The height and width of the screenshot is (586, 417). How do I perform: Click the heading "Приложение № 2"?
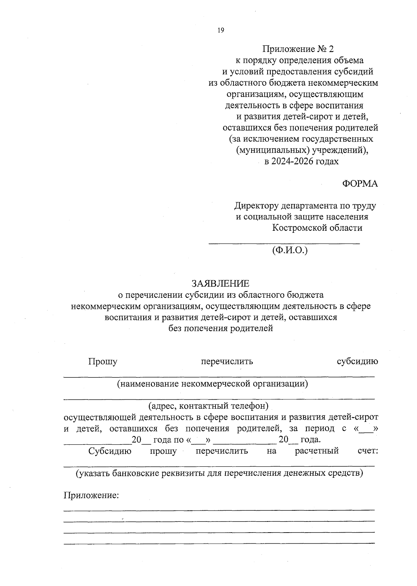pyautogui.click(x=298, y=49)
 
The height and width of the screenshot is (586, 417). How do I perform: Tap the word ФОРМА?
pyautogui.click(x=360, y=184)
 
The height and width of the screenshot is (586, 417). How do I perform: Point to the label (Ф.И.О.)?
pyautogui.click(x=290, y=250)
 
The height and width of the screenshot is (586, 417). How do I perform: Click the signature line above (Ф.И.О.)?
pyautogui.click(x=284, y=244)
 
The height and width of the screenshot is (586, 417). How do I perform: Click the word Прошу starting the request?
pyautogui.click(x=103, y=362)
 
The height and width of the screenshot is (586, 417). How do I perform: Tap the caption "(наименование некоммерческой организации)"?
pyautogui.click(x=213, y=384)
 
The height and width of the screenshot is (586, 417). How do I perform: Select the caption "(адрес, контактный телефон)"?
pyautogui.click(x=208, y=406)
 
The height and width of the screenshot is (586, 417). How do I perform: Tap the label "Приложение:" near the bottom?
pyautogui.click(x=91, y=495)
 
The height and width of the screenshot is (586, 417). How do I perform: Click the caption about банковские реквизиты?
pyautogui.click(x=220, y=473)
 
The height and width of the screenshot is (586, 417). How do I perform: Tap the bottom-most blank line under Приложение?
pyautogui.click(x=219, y=543)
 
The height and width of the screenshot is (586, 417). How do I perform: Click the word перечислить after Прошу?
pyautogui.click(x=227, y=362)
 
